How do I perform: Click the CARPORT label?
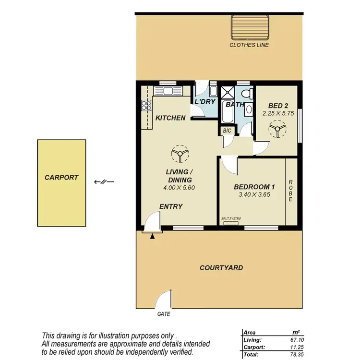pyautogui.click(x=61, y=177)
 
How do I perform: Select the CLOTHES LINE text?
pyautogui.click(x=249, y=45)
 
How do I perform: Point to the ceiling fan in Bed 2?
pyautogui.click(x=277, y=129)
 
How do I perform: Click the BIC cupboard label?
pyautogui.click(x=227, y=131)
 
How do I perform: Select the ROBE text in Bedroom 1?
pyautogui.click(x=291, y=191)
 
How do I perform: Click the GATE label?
pyautogui.click(x=164, y=315)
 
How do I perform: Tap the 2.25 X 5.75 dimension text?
pyautogui.click(x=277, y=114)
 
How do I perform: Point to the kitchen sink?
pyautogui.click(x=169, y=91)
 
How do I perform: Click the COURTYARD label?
pyautogui.click(x=221, y=268)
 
